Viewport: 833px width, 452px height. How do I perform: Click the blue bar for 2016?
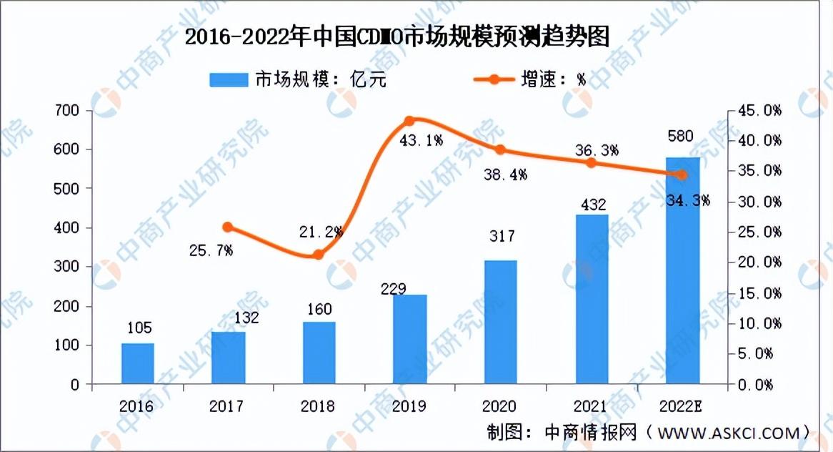[138, 364]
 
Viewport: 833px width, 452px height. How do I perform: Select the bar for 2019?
[409, 339]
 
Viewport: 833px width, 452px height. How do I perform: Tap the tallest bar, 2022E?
[683, 270]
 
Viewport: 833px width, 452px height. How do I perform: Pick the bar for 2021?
[592, 300]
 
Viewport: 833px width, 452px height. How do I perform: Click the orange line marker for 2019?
[409, 122]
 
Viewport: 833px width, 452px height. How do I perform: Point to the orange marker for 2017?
[227, 227]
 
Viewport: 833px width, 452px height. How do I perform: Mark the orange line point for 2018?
[318, 254]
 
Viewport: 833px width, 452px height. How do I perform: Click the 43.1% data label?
[421, 140]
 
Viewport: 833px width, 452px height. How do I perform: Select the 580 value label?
[681, 136]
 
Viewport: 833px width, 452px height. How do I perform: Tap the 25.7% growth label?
[211, 250]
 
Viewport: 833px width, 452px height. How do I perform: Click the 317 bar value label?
[502, 235]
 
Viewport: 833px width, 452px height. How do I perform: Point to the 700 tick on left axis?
[66, 111]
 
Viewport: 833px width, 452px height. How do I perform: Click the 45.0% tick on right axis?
[759, 111]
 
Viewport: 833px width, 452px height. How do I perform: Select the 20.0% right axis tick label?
[759, 262]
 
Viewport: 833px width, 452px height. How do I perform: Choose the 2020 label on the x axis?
[499, 406]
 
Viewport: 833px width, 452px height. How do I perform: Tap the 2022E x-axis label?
[681, 406]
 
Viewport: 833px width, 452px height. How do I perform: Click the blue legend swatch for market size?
[229, 80]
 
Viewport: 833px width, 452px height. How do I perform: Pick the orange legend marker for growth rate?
[494, 80]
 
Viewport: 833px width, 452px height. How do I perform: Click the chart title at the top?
[396, 36]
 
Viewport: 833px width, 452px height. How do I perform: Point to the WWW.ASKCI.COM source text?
[729, 433]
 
